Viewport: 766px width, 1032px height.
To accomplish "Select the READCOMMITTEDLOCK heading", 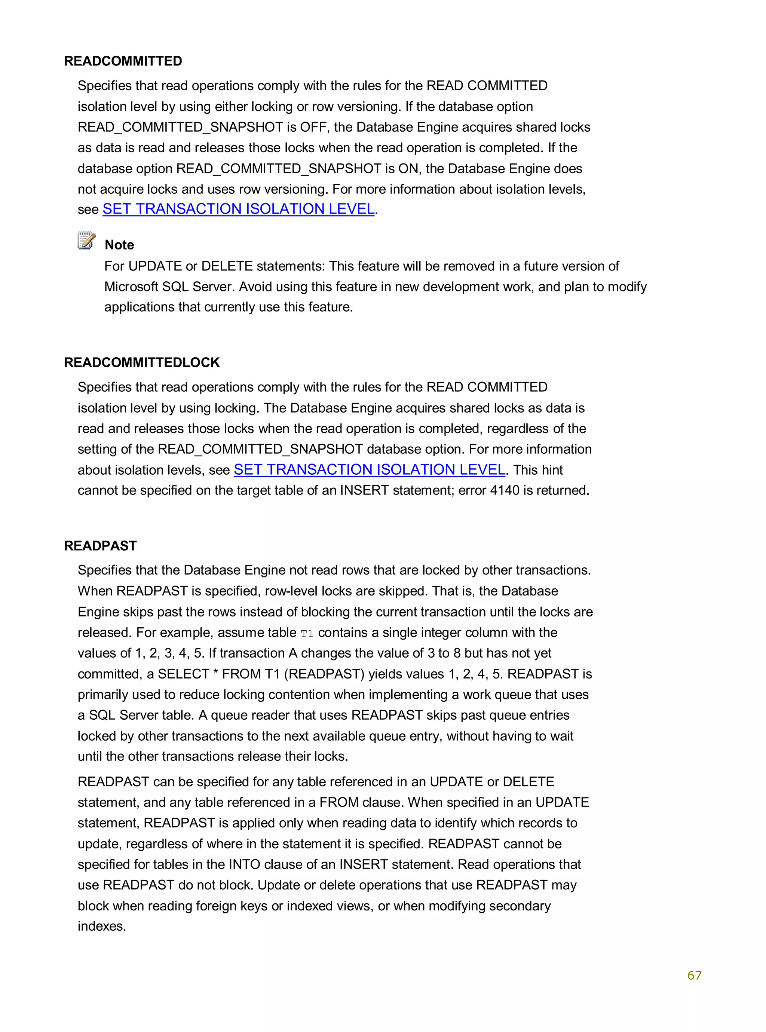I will coord(141,362).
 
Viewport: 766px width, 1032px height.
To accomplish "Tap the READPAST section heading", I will coord(100,545).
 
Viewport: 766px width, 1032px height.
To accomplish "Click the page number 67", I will coord(694,975).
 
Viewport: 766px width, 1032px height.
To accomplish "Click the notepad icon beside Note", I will coord(86,241).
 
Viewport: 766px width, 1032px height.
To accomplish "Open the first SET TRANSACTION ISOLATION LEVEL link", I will coord(238,209).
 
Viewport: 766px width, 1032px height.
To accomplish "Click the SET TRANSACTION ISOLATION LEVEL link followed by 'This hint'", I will coord(369,470).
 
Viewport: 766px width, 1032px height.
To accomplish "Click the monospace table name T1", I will coord(307,633).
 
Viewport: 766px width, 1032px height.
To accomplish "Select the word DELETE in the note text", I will coord(227,266).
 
